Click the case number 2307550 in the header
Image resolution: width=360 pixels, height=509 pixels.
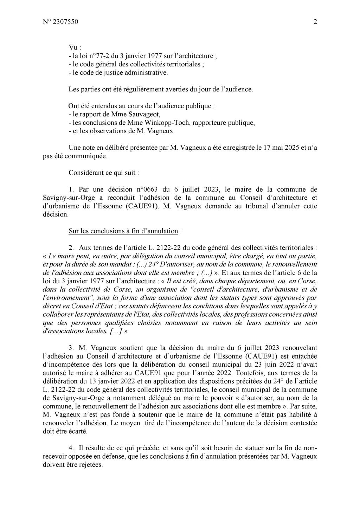point(65,22)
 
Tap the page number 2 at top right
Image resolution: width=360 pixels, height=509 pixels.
point(315,22)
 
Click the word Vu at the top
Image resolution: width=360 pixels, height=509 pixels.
point(73,47)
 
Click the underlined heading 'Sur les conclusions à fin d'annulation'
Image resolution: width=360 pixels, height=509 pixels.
point(123,231)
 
